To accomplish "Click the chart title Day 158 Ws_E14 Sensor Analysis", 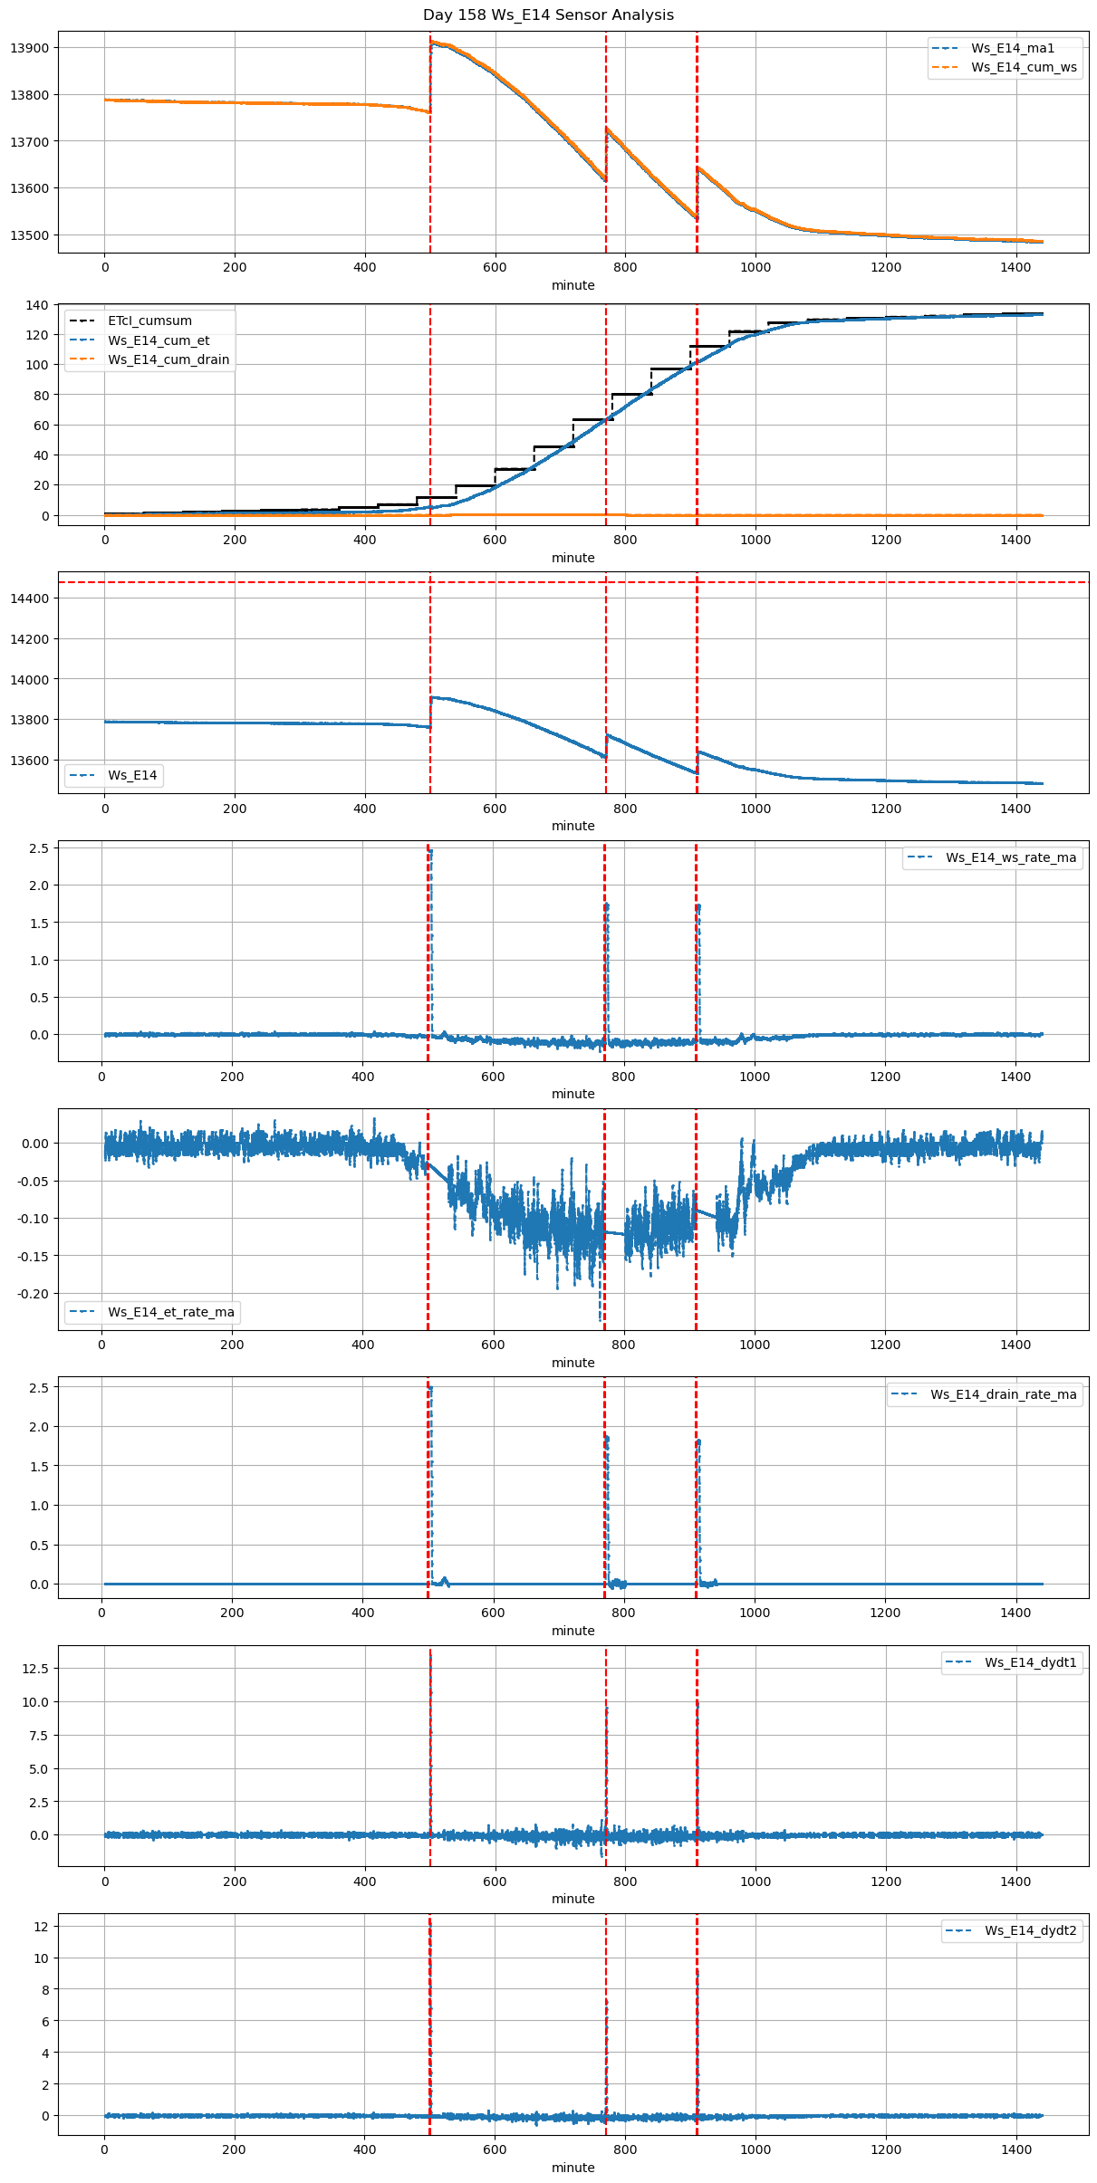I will point(548,15).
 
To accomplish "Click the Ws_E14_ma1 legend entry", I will point(1012,49).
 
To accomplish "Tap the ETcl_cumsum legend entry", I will point(149,321).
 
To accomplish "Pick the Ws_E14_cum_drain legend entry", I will point(168,360).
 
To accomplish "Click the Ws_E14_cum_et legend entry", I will point(159,340).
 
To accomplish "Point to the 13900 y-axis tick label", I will point(30,48).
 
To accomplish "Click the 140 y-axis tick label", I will point(37,305).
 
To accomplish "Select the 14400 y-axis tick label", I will point(30,598).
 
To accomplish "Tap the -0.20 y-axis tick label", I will point(33,1294).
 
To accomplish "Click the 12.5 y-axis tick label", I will point(35,1668).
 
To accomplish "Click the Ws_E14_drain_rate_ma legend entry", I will point(1003,1394).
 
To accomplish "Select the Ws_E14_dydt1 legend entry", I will point(1030,1662).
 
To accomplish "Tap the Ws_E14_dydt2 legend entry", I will point(1030,1930).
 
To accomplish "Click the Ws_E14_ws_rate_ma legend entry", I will point(1010,857).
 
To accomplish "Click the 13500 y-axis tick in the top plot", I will point(30,235).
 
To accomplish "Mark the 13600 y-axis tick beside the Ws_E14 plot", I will point(30,761).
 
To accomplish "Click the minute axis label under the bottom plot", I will point(573,2167).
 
